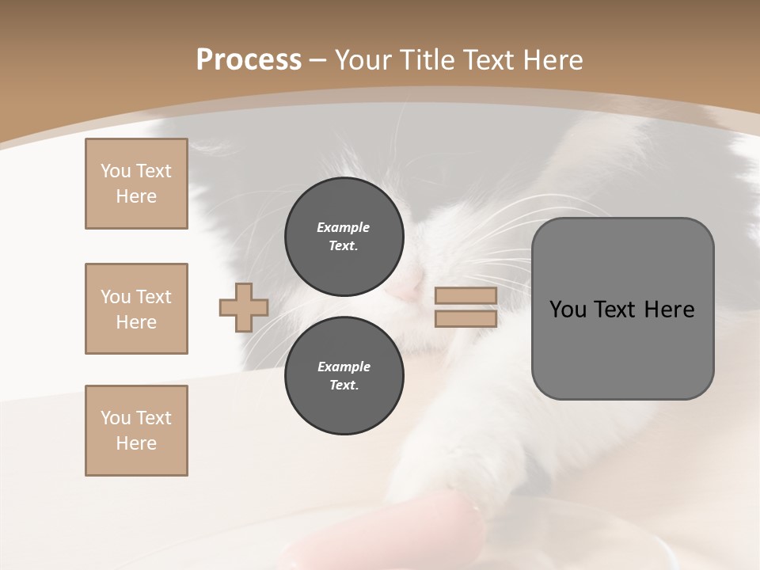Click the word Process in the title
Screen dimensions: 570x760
click(249, 60)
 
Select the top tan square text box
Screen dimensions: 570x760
click(136, 184)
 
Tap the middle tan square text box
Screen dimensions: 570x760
click(136, 309)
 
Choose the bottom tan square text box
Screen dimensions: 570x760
click(136, 431)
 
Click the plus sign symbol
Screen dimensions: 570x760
click(244, 307)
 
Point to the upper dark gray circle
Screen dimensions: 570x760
click(344, 237)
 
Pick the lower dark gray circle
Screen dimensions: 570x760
click(344, 376)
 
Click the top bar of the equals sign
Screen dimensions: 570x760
click(465, 296)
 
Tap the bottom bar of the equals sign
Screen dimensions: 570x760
click(465, 318)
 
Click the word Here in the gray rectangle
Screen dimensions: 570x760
click(669, 310)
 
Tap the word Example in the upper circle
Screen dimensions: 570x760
click(344, 227)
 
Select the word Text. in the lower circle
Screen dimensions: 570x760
click(344, 386)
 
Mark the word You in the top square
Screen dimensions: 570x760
click(116, 171)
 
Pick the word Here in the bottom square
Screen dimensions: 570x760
click(136, 443)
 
